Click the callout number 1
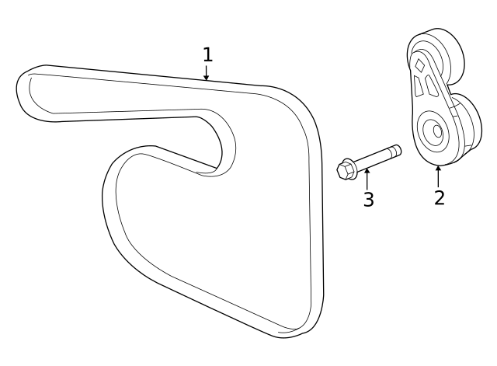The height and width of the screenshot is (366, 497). pyautogui.click(x=207, y=54)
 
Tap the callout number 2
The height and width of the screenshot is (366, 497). pyautogui.click(x=439, y=197)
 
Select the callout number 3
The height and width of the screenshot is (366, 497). pyautogui.click(x=368, y=200)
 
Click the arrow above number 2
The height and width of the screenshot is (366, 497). pyautogui.click(x=439, y=173)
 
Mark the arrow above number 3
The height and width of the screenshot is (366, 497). pyautogui.click(x=367, y=177)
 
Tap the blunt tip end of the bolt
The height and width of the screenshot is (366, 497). pyautogui.click(x=397, y=149)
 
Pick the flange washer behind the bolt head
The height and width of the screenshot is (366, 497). pyautogui.click(x=353, y=166)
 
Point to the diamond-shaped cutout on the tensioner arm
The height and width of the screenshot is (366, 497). pyautogui.click(x=420, y=64)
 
